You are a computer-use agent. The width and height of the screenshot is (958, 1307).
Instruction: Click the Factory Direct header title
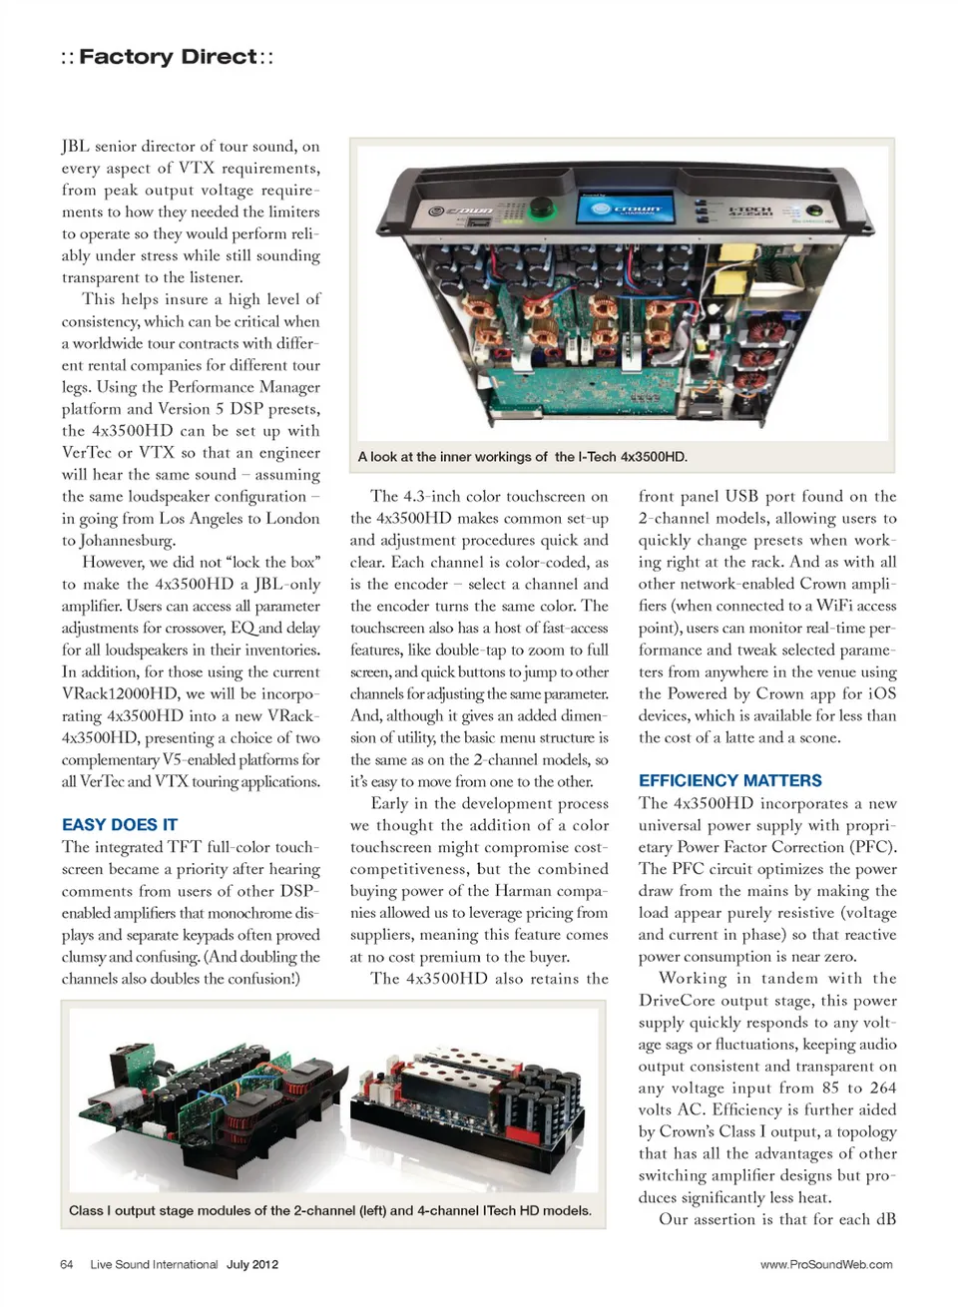coord(167,57)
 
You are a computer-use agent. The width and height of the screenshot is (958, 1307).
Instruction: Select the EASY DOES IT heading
coord(120,824)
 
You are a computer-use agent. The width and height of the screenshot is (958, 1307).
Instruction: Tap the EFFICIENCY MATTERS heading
coord(730,780)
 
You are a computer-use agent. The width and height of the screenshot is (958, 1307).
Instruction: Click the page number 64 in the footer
coord(67,1264)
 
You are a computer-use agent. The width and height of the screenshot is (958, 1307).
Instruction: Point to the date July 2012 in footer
coord(252,1264)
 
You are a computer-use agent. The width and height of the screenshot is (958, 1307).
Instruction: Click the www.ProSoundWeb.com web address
coord(826,1264)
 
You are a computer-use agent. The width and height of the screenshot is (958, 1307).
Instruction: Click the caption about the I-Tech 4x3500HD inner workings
coord(523,457)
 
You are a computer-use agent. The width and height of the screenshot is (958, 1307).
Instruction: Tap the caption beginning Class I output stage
coord(330,1210)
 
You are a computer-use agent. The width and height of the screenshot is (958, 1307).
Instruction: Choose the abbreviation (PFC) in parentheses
coord(873,847)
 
